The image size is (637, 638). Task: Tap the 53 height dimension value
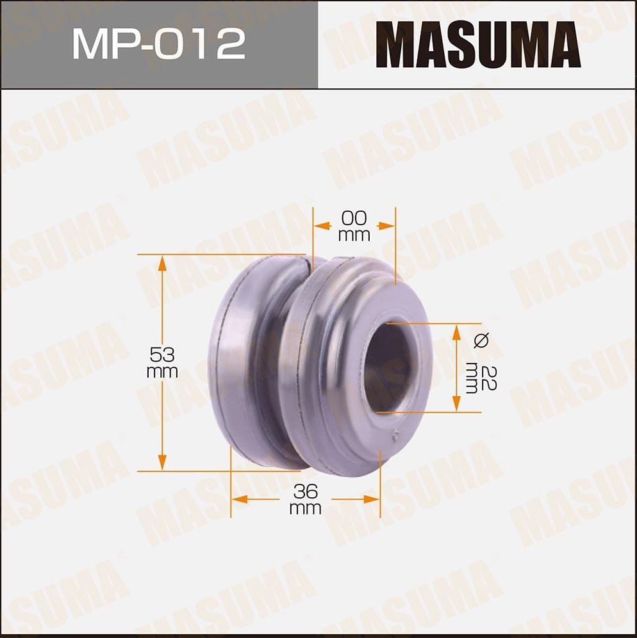coord(162,354)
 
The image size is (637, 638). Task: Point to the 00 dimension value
coord(354,219)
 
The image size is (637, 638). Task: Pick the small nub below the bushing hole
coord(395,437)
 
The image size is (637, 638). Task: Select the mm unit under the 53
coord(162,372)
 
